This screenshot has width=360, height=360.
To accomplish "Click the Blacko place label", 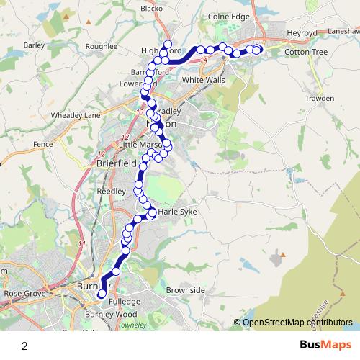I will (152, 9).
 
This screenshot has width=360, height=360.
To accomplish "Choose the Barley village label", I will (34, 45).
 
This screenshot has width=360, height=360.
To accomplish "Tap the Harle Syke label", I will (177, 212).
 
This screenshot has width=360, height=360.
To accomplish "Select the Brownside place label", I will (185, 289).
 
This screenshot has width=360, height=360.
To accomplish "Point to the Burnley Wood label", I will (110, 315).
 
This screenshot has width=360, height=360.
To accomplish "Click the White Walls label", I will (204, 80).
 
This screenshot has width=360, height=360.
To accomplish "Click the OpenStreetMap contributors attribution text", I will (297, 322).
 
